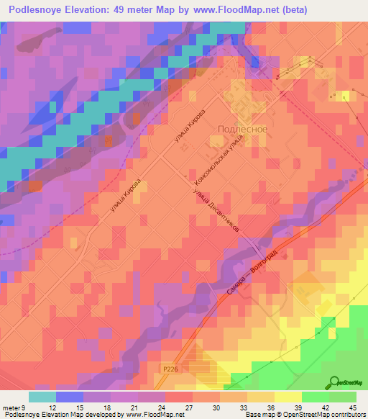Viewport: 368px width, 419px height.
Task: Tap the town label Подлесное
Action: [x=242, y=129]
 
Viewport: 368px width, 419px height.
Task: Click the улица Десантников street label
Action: [x=215, y=209]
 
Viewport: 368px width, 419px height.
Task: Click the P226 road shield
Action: [x=169, y=366]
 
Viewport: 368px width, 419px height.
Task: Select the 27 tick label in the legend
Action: [x=189, y=407]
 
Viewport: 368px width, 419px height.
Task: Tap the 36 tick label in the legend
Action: [x=267, y=407]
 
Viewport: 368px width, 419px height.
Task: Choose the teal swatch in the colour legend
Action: [x=42, y=396]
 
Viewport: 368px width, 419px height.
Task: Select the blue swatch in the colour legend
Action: [x=69, y=396]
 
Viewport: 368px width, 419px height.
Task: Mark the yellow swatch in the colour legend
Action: [x=287, y=396]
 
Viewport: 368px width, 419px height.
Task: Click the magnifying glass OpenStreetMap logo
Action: [x=334, y=384]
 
